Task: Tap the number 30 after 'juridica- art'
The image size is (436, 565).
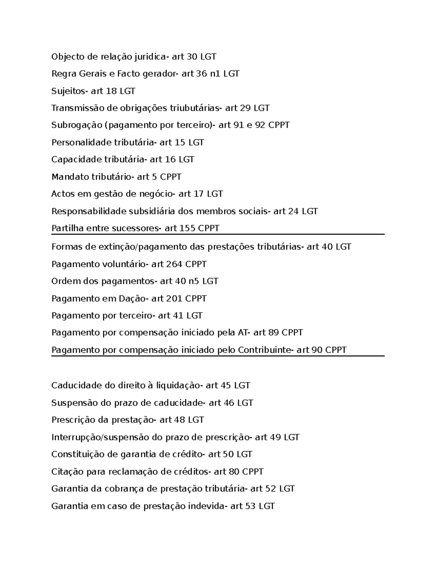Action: (192, 57)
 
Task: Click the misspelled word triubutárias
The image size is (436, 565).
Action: (195, 108)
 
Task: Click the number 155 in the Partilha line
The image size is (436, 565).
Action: (187, 228)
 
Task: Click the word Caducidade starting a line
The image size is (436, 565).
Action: (76, 385)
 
